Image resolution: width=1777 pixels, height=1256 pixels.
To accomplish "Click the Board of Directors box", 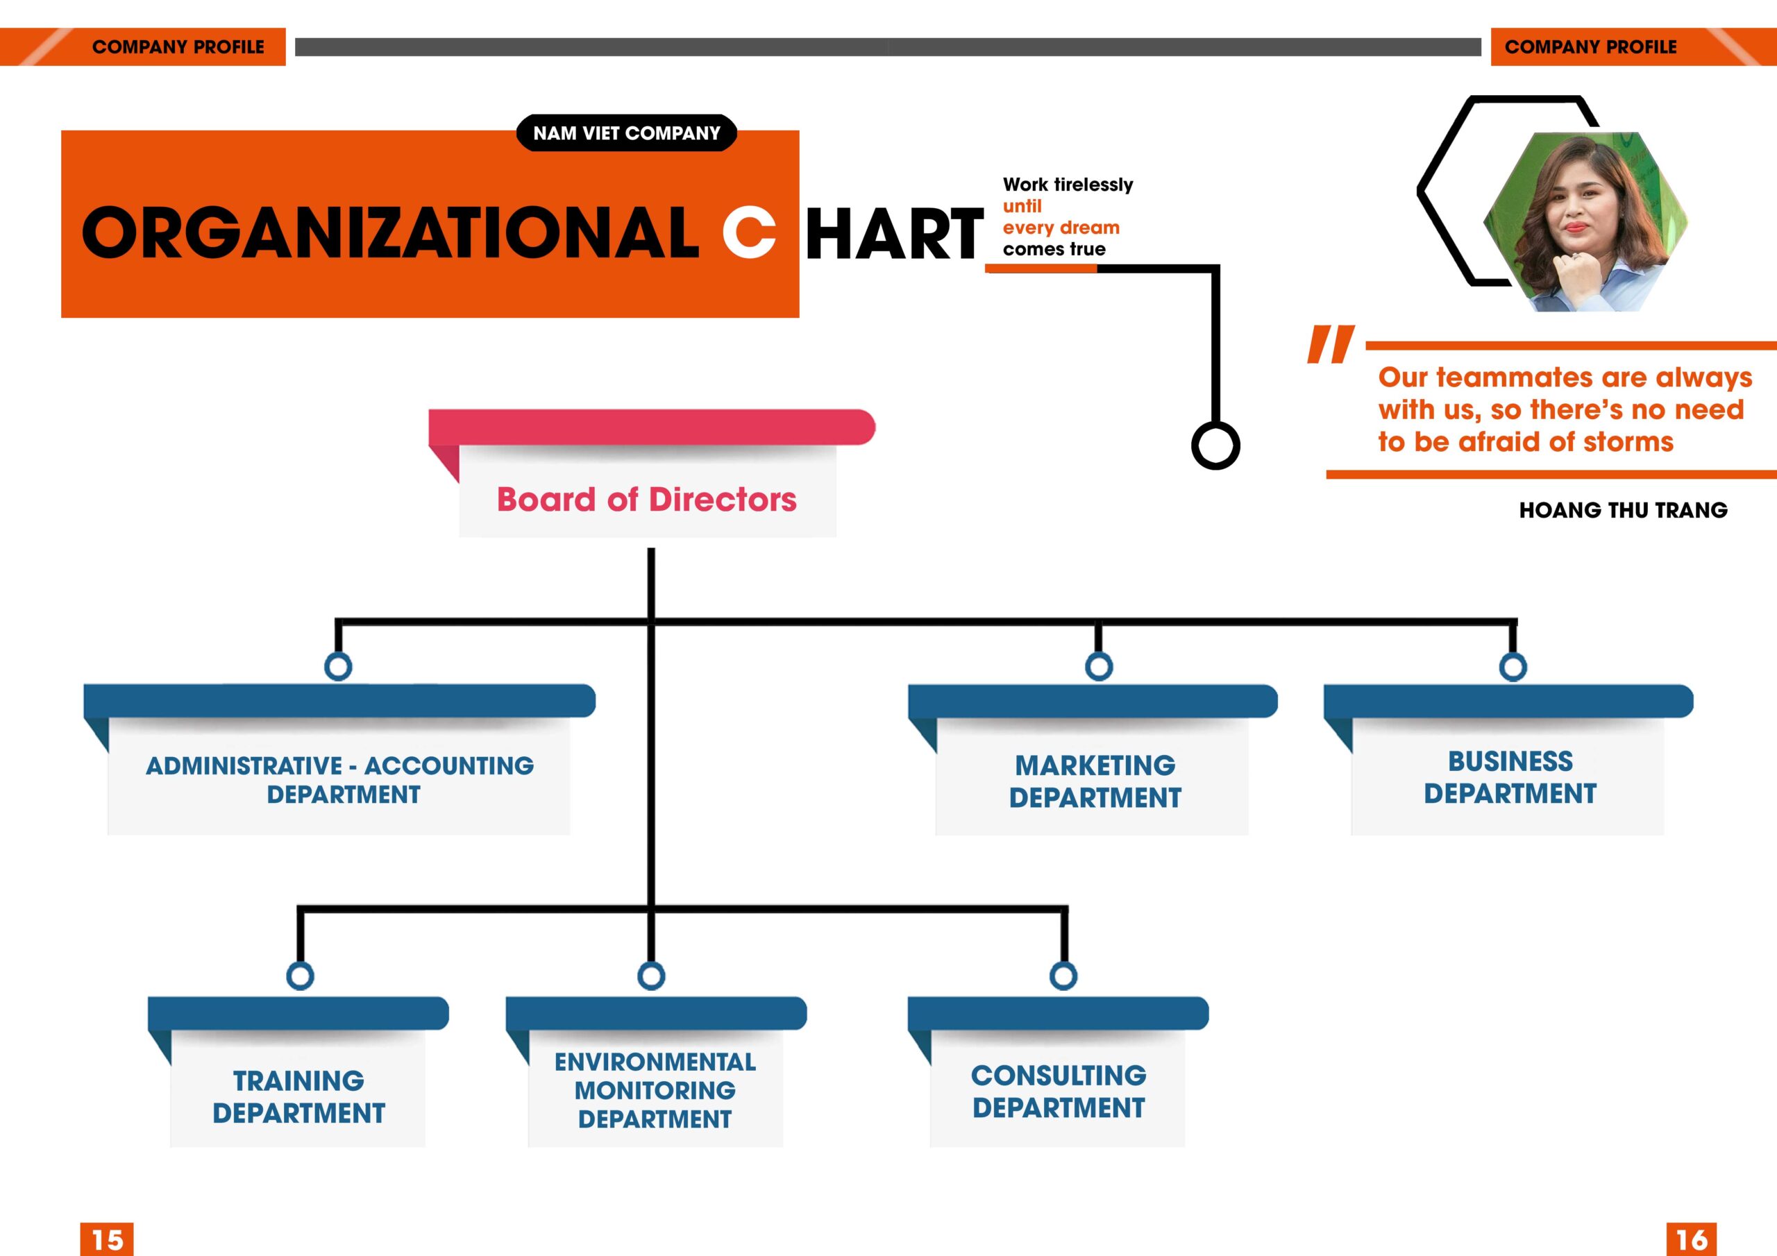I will click(647, 499).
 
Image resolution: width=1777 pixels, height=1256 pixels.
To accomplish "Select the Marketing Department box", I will click(1095, 780).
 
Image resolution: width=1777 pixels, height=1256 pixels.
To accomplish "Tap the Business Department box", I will click(1509, 777).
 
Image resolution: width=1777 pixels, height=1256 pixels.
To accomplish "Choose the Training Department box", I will click(298, 1096).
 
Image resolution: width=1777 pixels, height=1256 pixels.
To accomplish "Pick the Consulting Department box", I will click(1058, 1090).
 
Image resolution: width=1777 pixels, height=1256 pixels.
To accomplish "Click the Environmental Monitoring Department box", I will click(655, 1089).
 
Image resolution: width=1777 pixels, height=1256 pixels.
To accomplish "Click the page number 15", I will click(107, 1239).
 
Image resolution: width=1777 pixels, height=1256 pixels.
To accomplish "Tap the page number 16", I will click(1691, 1239).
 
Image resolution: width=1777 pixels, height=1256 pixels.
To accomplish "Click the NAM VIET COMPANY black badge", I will click(626, 133).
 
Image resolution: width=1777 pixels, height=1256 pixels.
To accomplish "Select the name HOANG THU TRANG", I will click(1623, 510).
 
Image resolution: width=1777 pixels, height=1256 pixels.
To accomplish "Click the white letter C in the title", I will click(748, 232).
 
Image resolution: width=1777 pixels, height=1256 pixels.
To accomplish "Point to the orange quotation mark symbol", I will click(1331, 344).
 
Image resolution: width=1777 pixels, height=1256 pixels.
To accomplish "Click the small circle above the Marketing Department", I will click(1099, 666).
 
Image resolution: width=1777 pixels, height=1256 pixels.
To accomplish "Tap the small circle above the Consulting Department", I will click(1063, 976).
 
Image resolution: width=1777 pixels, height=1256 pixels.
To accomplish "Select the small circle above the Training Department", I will click(301, 976).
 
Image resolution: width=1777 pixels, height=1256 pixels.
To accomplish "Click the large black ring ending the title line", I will click(1215, 445).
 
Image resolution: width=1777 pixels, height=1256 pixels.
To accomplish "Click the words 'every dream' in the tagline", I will click(1061, 228).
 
